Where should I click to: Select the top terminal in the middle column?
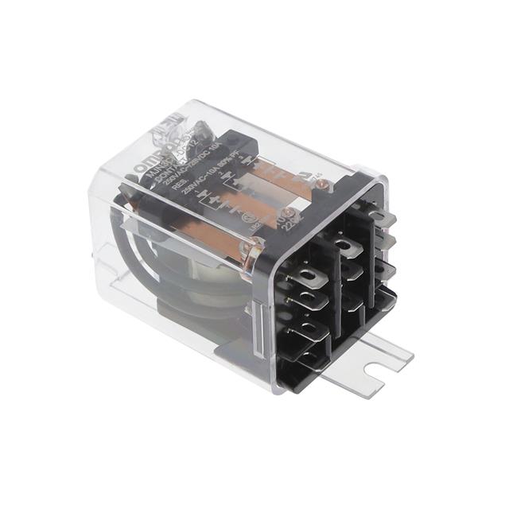(x=344, y=241)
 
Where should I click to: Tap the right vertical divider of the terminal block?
(x=369, y=262)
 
